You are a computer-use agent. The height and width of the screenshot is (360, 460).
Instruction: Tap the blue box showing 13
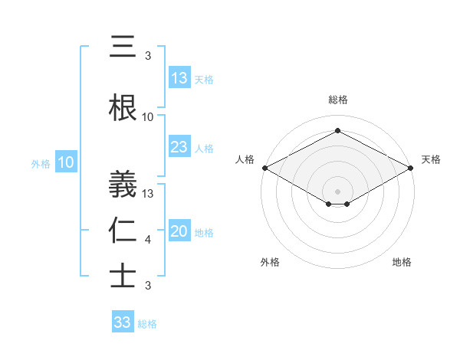(179, 78)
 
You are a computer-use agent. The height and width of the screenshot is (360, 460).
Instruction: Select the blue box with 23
(179, 147)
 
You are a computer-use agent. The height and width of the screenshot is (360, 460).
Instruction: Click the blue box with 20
(179, 231)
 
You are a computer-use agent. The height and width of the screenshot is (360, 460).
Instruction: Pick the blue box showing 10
(66, 162)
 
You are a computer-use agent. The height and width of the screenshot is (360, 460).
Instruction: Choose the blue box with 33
(123, 322)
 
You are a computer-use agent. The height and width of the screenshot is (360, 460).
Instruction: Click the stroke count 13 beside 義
(148, 193)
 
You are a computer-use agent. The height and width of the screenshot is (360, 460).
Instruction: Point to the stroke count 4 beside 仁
(148, 241)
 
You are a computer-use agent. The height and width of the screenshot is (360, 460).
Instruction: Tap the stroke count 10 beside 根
(148, 117)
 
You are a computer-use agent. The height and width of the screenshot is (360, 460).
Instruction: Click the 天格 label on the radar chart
(431, 159)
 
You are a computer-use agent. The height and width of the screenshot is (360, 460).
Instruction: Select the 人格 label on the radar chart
(245, 159)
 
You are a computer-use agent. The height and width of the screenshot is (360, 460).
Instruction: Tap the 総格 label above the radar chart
(337, 100)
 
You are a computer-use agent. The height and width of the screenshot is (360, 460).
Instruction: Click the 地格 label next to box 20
(204, 232)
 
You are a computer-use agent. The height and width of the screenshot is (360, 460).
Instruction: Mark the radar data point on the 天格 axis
(411, 168)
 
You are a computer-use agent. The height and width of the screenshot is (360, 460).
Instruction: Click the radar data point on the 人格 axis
(264, 168)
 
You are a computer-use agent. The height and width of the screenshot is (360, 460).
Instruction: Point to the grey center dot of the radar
(337, 191)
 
